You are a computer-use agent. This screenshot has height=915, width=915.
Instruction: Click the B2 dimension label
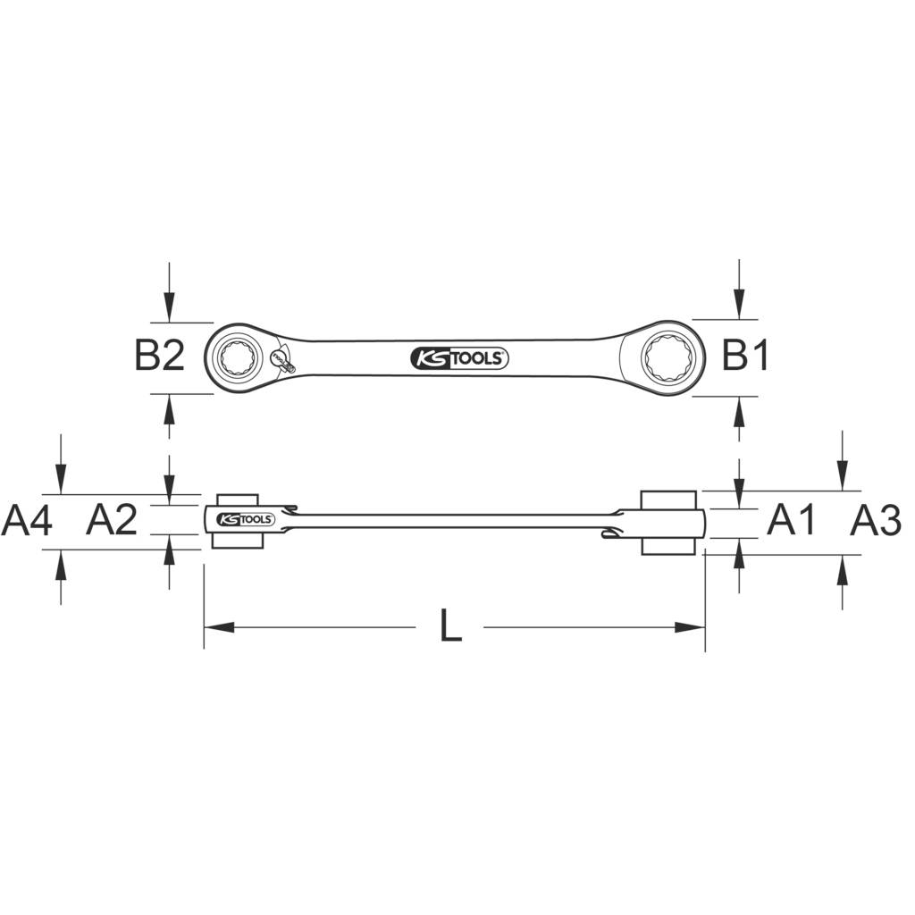pyautogui.click(x=159, y=357)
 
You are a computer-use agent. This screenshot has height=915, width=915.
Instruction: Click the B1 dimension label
pyautogui.click(x=745, y=357)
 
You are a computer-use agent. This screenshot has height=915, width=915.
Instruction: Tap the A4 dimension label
pyautogui.click(x=27, y=519)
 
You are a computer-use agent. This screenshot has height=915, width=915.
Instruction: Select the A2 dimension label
pyautogui.click(x=112, y=519)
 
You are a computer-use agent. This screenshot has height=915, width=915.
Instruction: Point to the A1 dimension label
pyautogui.click(x=792, y=519)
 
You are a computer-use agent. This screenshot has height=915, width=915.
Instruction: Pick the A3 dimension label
pyautogui.click(x=875, y=519)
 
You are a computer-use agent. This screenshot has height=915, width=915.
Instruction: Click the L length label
pyautogui.click(x=451, y=626)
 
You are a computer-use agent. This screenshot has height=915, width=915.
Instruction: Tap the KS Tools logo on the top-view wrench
pyautogui.click(x=459, y=359)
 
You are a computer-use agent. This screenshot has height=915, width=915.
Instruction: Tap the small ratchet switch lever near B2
pyautogui.click(x=281, y=362)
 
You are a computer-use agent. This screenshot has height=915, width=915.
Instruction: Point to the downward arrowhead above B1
pyautogui.click(x=738, y=306)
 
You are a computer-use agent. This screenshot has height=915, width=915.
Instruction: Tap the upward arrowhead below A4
pyautogui.click(x=60, y=562)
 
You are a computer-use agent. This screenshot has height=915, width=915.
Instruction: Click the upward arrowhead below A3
pyautogui.click(x=842, y=567)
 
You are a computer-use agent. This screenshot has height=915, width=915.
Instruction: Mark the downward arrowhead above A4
pyautogui.click(x=60, y=480)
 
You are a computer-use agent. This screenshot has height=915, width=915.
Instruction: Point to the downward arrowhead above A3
pyautogui.click(x=842, y=478)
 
